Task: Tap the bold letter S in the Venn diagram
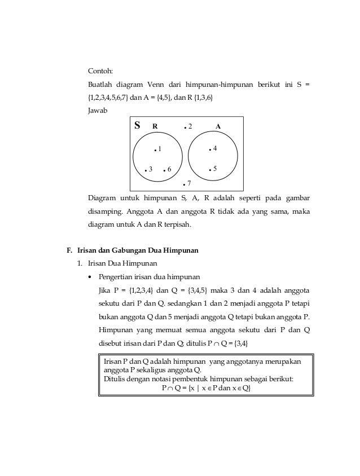pyautogui.click(x=137, y=125)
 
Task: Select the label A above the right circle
pyautogui.click(x=218, y=126)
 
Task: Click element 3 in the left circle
pyautogui.click(x=149, y=170)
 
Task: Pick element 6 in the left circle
pyautogui.click(x=168, y=170)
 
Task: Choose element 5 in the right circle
pyautogui.click(x=213, y=169)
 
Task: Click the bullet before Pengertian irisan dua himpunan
pyautogui.click(x=90, y=277)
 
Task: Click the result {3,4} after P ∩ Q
pyautogui.click(x=241, y=343)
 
